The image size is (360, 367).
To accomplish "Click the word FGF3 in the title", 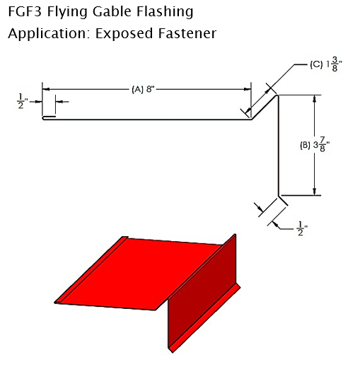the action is (x=25, y=11).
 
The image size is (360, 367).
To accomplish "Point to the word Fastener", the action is (x=187, y=33).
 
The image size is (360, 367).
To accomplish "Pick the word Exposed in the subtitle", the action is (x=124, y=34).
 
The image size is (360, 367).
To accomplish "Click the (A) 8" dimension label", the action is (x=143, y=89).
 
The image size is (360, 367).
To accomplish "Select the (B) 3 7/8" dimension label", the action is (x=315, y=145).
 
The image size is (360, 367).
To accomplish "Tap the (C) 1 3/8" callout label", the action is (x=326, y=65).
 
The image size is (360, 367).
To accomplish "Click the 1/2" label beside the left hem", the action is (x=22, y=101).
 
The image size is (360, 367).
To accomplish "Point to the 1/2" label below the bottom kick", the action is (x=302, y=228).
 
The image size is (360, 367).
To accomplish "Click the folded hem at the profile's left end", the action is (x=49, y=117).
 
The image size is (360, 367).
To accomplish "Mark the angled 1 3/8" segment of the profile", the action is (x=265, y=107).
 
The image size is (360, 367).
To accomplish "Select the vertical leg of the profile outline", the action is (x=278, y=145).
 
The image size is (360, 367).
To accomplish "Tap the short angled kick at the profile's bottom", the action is (x=283, y=201).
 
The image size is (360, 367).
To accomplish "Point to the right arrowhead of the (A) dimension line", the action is (x=248, y=89).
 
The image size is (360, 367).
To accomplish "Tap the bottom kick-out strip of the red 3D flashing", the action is (x=204, y=320).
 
